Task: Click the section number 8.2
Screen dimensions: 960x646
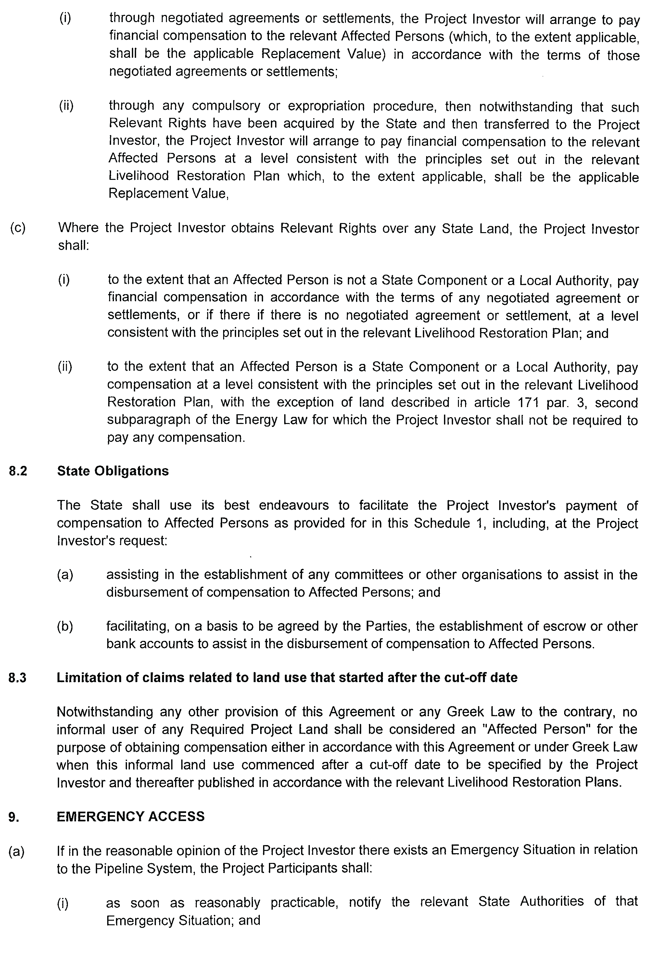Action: click(18, 471)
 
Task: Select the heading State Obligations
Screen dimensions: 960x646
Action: click(113, 471)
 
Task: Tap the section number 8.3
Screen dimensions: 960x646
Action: click(17, 678)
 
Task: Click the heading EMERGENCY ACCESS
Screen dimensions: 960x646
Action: click(131, 816)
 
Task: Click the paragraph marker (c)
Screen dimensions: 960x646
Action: click(18, 228)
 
